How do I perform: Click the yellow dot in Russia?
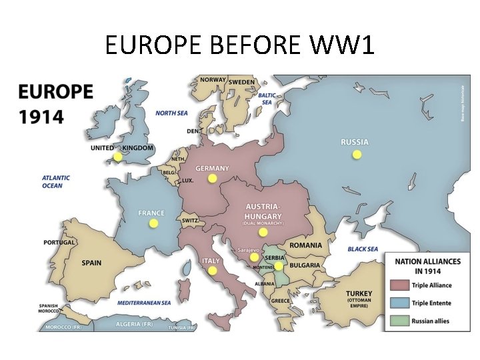[357, 155]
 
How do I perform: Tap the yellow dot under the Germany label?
[212, 179]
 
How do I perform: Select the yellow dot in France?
[153, 224]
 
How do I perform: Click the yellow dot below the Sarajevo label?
[254, 257]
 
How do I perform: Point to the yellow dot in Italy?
[212, 271]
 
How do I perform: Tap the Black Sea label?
[363, 249]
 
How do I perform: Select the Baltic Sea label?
[267, 99]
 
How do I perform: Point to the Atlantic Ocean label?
[56, 182]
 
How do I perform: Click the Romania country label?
[306, 245]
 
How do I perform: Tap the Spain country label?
[91, 263]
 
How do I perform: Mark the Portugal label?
[59, 243]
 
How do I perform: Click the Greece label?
[280, 301]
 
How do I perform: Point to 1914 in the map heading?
[41, 117]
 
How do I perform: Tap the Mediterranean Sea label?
[144, 303]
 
